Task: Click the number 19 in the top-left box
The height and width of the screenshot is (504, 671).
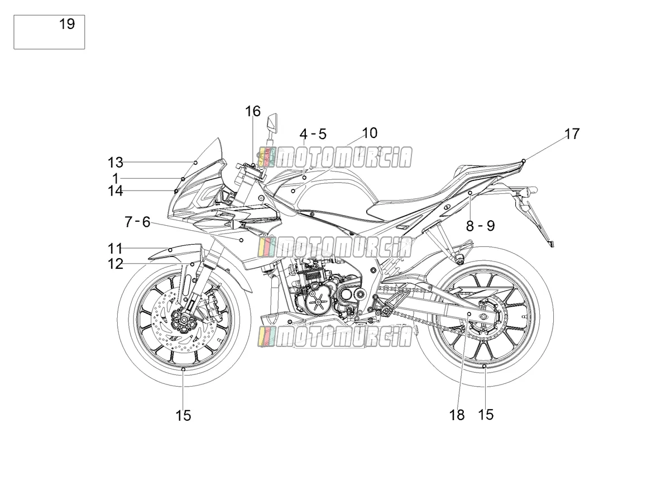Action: [x=67, y=24]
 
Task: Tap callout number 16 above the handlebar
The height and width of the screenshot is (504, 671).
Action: [x=253, y=111]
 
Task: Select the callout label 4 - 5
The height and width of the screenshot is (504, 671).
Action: [x=313, y=134]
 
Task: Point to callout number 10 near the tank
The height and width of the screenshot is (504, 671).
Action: [x=370, y=133]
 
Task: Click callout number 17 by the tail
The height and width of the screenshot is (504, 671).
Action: [x=572, y=134]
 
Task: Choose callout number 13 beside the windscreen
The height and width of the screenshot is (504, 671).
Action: [x=115, y=162]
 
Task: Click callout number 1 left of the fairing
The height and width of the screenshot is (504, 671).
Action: [x=115, y=178]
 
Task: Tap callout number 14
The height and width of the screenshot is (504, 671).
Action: [x=115, y=191]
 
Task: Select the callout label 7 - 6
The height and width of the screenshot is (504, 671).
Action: [x=137, y=222]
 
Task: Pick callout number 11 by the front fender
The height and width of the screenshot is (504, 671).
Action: [x=115, y=249]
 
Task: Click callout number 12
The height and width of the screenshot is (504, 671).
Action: [x=115, y=264]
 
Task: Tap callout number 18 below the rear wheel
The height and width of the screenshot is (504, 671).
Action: [x=457, y=415]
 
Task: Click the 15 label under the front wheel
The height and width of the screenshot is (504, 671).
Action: [x=183, y=416]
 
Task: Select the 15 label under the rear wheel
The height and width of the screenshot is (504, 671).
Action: [x=486, y=415]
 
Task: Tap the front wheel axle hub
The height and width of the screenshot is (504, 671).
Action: [x=184, y=320]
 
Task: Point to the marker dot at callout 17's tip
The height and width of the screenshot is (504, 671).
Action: [x=524, y=161]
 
